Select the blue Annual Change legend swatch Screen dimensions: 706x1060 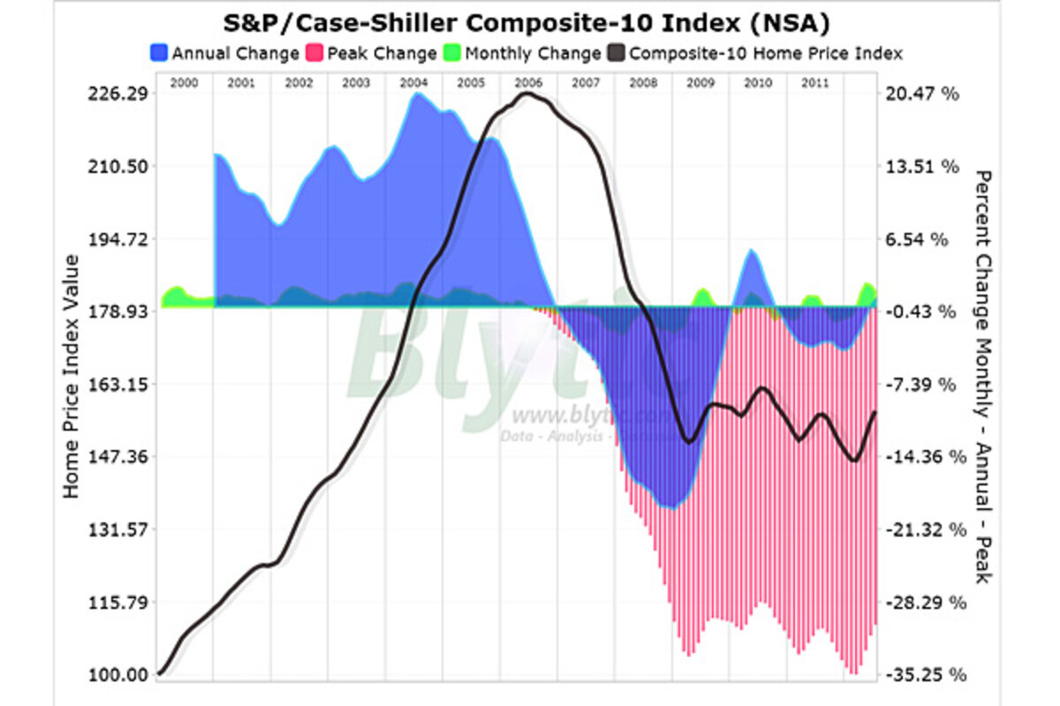pyautogui.click(x=160, y=54)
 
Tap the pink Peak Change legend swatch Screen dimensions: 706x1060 pyautogui.click(x=315, y=54)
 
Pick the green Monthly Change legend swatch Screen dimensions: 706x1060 pyautogui.click(x=453, y=54)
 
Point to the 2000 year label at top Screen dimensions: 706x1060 pyautogui.click(x=183, y=82)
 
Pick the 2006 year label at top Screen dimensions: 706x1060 pyautogui.click(x=527, y=82)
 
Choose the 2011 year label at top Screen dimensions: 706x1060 pyautogui.click(x=814, y=82)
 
